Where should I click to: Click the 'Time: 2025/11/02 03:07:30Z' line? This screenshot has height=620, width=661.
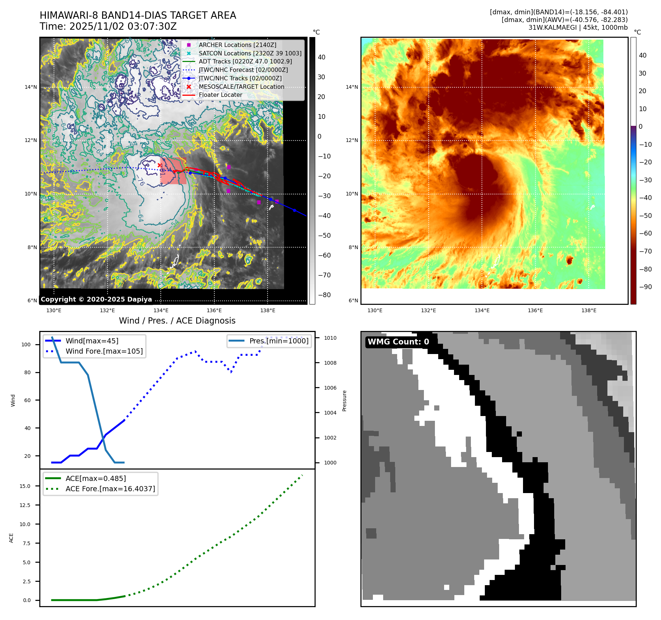tap(108, 26)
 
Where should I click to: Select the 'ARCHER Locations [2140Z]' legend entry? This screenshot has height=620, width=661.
tap(237, 45)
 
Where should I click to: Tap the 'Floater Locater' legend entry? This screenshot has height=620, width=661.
tap(220, 95)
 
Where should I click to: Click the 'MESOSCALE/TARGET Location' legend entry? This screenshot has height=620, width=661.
tap(241, 87)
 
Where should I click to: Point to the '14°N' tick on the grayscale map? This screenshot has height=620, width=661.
tap(31, 87)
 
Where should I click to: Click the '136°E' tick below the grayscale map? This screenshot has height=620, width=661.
tap(214, 310)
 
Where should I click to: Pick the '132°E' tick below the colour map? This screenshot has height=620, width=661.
tap(428, 310)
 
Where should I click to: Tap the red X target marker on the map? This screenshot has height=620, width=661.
tap(160, 165)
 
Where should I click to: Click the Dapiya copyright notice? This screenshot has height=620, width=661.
tap(96, 299)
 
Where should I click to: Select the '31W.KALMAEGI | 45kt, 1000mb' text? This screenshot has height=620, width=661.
tap(578, 28)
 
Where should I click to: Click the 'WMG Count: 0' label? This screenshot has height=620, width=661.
tap(398, 342)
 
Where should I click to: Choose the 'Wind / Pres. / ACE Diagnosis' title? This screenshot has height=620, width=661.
tap(177, 321)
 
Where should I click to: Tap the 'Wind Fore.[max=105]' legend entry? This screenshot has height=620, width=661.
tap(104, 351)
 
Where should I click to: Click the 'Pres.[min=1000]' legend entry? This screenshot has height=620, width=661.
tap(279, 341)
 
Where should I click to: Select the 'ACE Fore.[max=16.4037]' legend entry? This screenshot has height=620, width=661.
tap(110, 489)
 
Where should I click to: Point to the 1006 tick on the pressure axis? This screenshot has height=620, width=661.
tap(330, 388)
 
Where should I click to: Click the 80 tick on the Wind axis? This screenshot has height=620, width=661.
tap(28, 372)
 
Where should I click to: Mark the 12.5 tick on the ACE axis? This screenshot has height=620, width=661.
tap(25, 505)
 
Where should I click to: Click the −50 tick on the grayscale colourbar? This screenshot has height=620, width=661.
tap(324, 236)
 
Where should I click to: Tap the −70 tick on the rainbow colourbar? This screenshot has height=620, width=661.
tap(645, 251)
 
